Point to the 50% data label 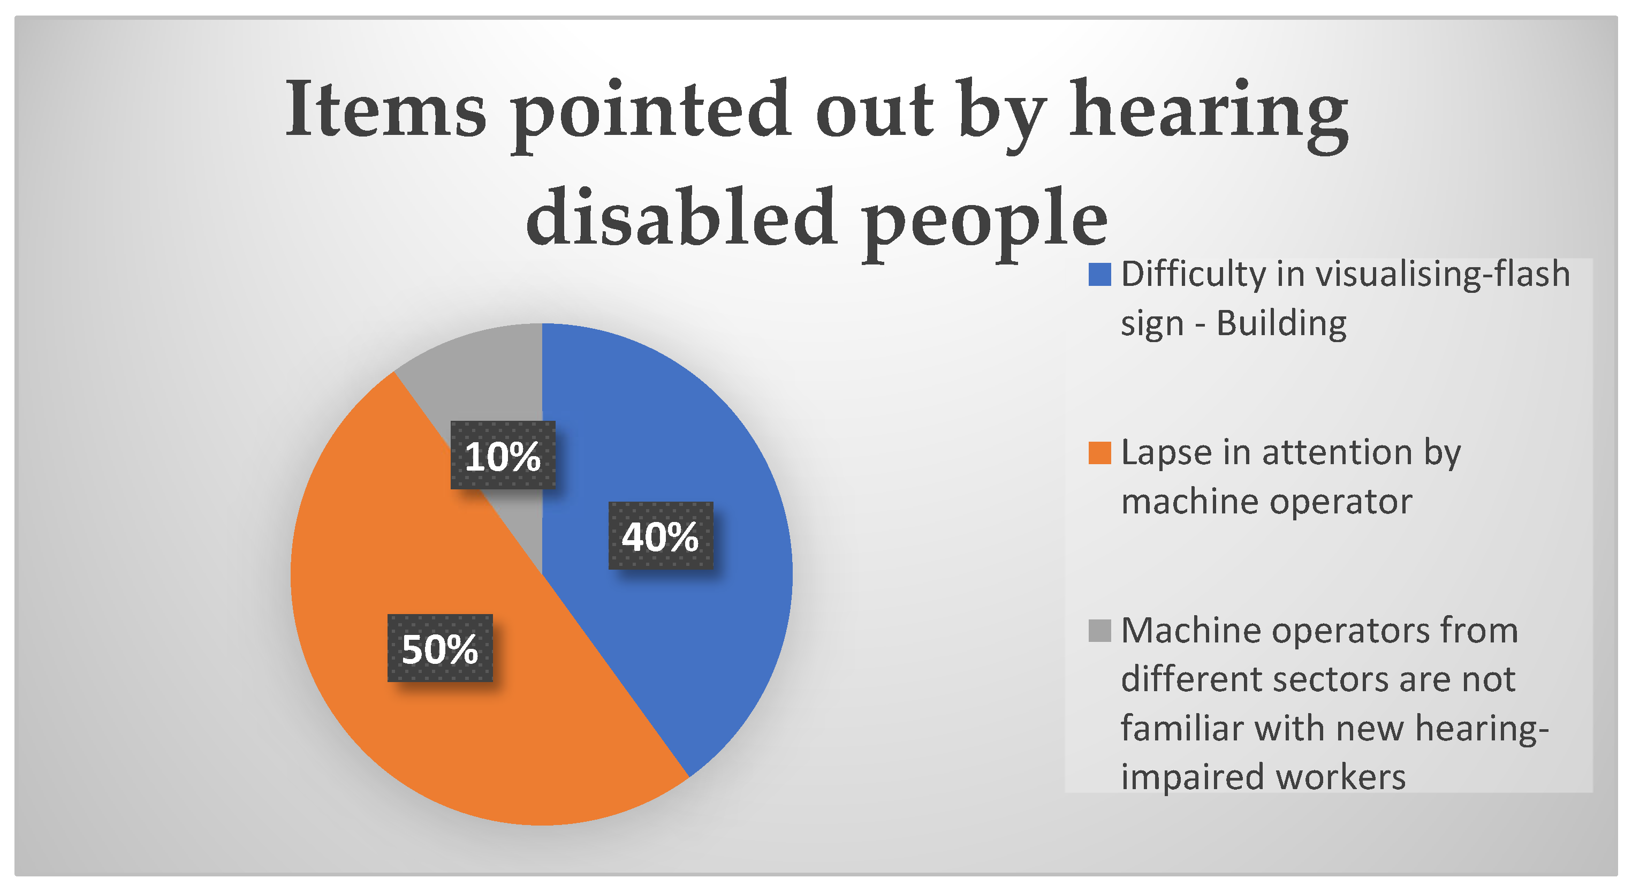pos(439,648)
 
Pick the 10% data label pos(503,455)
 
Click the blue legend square pos(1099,275)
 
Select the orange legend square pos(1099,453)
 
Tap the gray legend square pos(1099,631)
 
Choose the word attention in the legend pos(1338,453)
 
